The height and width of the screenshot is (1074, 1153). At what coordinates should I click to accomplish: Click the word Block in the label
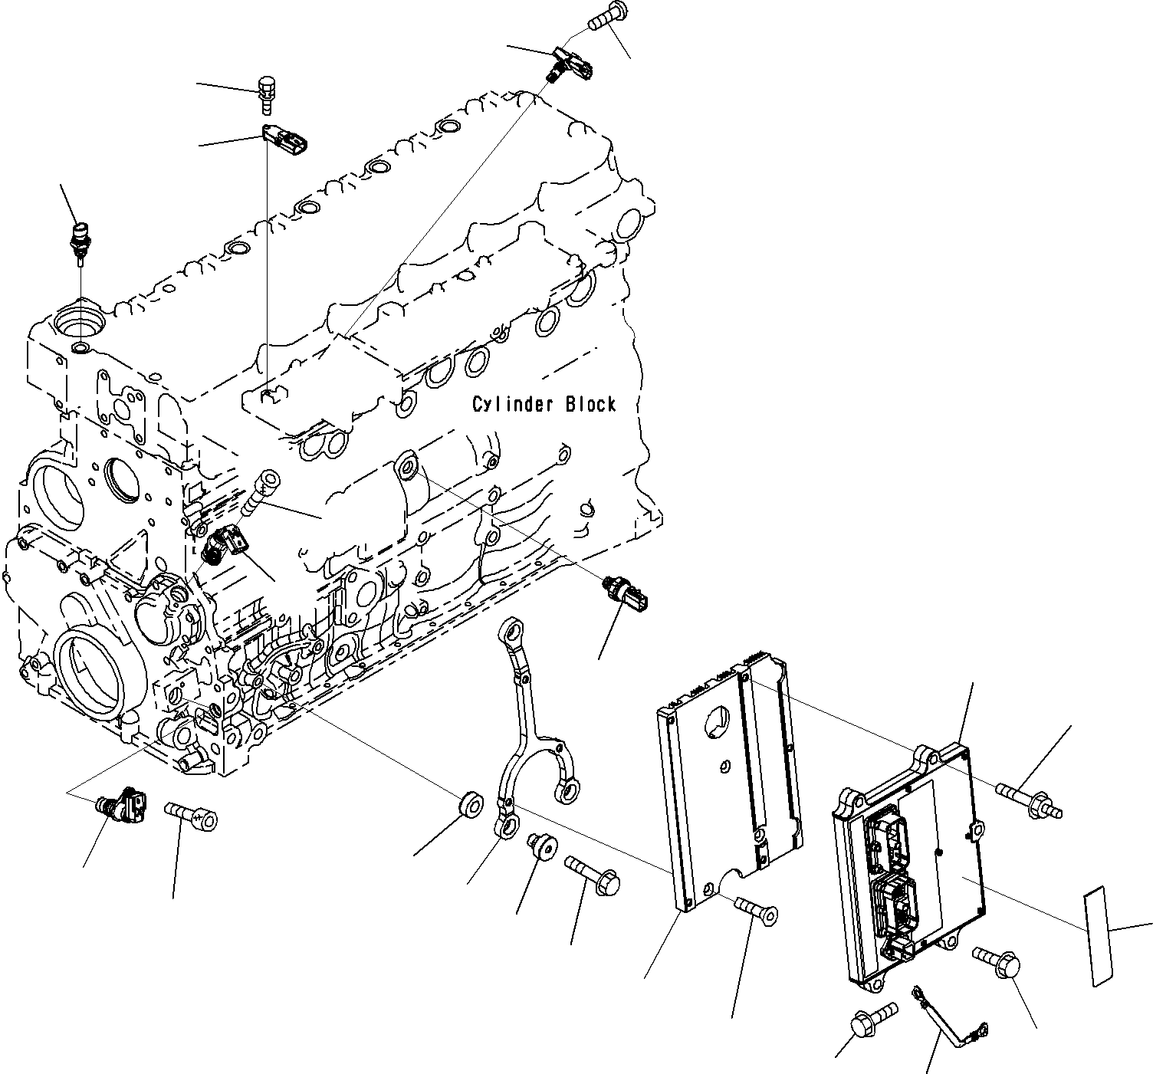pyautogui.click(x=590, y=404)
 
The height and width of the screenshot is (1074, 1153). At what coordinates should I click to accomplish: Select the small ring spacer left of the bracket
pyautogui.click(x=469, y=807)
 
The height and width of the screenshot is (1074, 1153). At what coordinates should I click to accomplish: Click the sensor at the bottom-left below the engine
pyautogui.click(x=121, y=805)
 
